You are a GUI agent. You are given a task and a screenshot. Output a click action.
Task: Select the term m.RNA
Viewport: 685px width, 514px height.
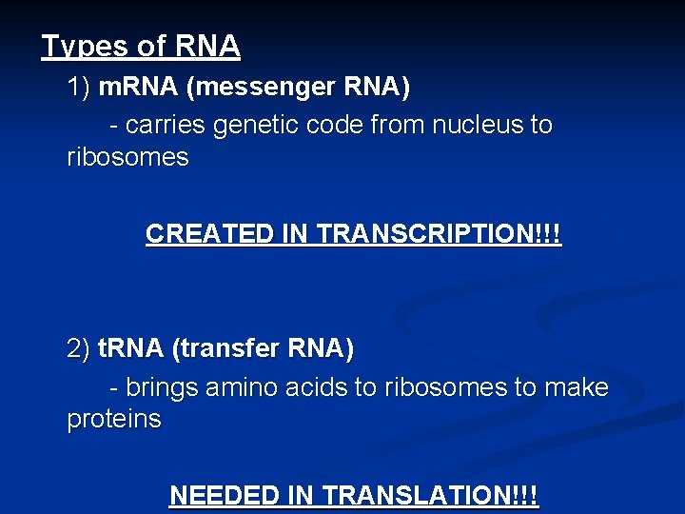[140, 89]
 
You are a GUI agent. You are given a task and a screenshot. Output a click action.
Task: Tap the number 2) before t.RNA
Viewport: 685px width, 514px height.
[78, 349]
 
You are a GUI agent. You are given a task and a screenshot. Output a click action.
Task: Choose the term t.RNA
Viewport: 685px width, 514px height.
[131, 349]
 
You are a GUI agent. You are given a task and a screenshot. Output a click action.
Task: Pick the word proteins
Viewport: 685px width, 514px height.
[114, 420]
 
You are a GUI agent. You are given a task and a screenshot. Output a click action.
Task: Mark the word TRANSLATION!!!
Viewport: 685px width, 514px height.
[430, 496]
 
